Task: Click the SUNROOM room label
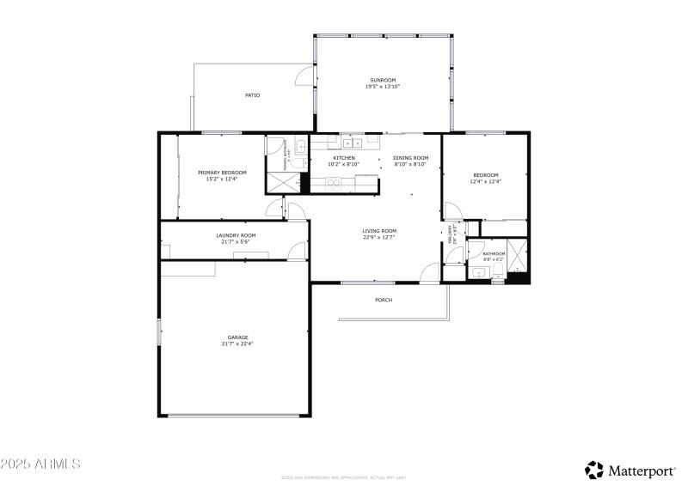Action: point(382,80)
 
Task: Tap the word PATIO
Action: point(252,95)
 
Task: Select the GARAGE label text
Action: point(237,337)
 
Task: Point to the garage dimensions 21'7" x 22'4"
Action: point(237,343)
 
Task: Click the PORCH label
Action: point(384,300)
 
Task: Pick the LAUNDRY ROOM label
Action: point(235,234)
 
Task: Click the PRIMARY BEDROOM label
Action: point(216,173)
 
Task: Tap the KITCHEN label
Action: point(344,158)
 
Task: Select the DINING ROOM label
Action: point(410,158)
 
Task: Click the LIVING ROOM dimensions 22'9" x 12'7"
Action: point(378,237)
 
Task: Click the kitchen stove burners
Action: point(333,181)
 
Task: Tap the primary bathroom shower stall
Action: point(282,181)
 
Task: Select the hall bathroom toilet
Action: point(497,272)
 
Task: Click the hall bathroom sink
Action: point(477,274)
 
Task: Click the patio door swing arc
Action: point(304,77)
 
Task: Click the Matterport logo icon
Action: point(594,470)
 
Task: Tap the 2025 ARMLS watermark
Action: point(40,464)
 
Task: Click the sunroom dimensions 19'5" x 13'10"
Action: point(382,87)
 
